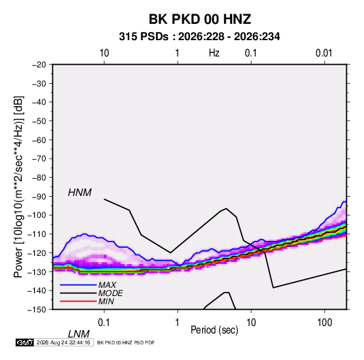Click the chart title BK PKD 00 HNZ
point(199,19)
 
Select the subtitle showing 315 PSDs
point(199,37)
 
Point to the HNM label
point(80,193)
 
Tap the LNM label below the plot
point(78,334)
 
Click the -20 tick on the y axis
point(39,65)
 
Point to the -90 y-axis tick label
point(39,197)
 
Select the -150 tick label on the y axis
point(37,310)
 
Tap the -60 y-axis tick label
point(39,140)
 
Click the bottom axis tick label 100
point(325,323)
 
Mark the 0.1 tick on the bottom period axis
point(104,323)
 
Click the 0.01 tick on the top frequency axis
point(324,53)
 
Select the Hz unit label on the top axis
point(214,53)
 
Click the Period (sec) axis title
point(214,330)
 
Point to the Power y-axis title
point(18,187)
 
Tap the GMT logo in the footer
point(24,342)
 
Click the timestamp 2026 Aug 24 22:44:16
point(63,342)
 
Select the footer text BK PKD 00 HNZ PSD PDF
point(126,342)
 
